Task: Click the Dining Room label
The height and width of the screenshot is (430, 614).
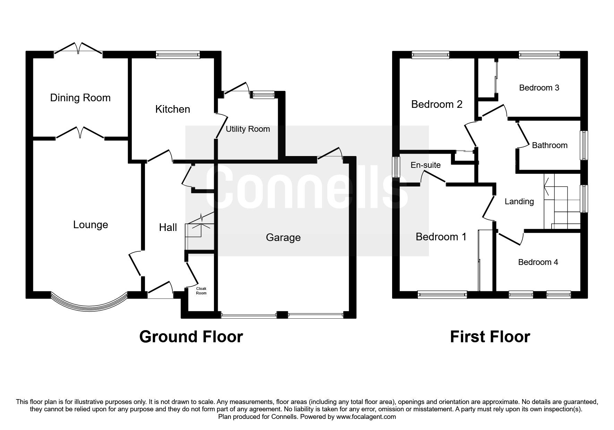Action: pyautogui.click(x=80, y=98)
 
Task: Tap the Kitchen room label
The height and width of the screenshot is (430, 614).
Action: pyautogui.click(x=173, y=109)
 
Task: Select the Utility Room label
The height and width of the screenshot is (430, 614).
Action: pyautogui.click(x=248, y=129)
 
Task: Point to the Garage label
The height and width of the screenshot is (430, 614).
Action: pyautogui.click(x=283, y=238)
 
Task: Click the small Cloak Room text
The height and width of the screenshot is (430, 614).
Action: pyautogui.click(x=201, y=291)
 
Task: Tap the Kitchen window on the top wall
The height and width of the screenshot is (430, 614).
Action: pyautogui.click(x=178, y=54)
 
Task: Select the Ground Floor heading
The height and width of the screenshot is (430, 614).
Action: pyautogui.click(x=191, y=337)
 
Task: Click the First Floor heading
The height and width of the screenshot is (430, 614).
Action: pyautogui.click(x=490, y=337)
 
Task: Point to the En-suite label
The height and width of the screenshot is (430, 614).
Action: pyautogui.click(x=425, y=165)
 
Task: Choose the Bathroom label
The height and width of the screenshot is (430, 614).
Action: pyautogui.click(x=550, y=145)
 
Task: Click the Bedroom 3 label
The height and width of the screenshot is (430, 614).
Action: pyautogui.click(x=539, y=88)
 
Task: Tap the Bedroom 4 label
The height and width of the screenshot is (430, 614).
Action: pyautogui.click(x=538, y=262)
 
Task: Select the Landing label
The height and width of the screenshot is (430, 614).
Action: pyautogui.click(x=519, y=201)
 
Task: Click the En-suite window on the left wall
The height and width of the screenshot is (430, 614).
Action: pyautogui.click(x=396, y=167)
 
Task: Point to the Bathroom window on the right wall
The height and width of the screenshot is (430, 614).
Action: pyautogui.click(x=585, y=145)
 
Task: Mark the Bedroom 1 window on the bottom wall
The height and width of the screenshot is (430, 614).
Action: pyautogui.click(x=442, y=294)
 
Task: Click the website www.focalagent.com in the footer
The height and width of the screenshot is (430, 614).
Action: pyautogui.click(x=366, y=417)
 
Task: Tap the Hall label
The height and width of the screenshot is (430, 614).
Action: pyautogui.click(x=168, y=227)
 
